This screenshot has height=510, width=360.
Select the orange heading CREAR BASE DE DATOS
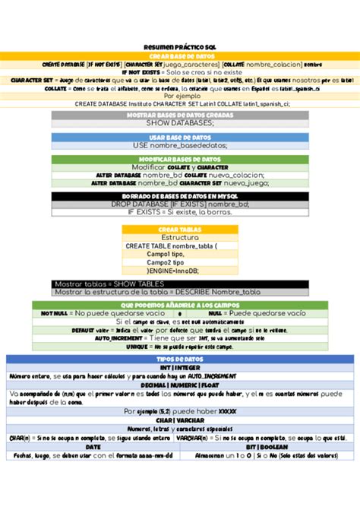click(x=180, y=55)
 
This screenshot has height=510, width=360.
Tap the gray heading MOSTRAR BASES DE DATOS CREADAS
click(x=180, y=114)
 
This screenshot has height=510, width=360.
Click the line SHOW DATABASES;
click(x=180, y=122)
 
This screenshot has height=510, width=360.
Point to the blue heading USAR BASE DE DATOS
click(x=180, y=137)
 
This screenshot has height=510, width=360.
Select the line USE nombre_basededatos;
click(x=180, y=145)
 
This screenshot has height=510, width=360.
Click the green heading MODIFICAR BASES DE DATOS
click(x=180, y=159)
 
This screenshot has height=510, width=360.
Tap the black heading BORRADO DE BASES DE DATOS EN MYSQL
click(x=180, y=195)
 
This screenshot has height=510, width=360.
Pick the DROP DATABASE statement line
click(x=180, y=204)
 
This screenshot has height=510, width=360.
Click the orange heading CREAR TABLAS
click(x=180, y=229)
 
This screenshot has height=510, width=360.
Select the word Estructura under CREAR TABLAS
click(x=180, y=237)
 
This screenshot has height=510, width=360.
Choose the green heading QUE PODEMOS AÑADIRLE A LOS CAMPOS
click(x=180, y=304)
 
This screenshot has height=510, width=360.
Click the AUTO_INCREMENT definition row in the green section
click(x=180, y=337)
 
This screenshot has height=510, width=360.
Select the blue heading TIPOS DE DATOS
click(x=180, y=358)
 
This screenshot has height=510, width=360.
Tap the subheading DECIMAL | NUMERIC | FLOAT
click(x=180, y=385)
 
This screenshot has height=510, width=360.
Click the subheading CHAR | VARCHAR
click(x=180, y=420)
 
